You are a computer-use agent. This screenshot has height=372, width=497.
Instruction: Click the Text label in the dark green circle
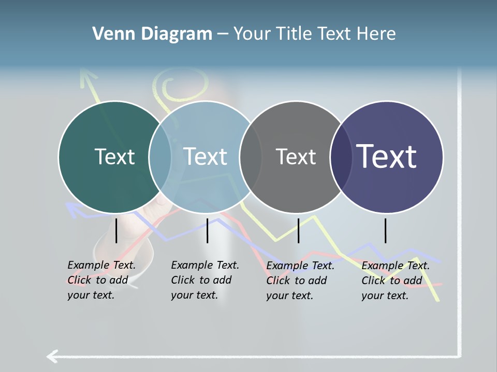(114, 157)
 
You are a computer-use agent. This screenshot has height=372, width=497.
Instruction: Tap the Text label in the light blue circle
(205, 157)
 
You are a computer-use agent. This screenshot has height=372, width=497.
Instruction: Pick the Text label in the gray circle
(296, 157)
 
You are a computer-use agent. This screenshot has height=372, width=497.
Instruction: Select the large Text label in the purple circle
(387, 156)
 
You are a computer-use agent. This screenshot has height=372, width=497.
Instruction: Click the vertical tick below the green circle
(116, 230)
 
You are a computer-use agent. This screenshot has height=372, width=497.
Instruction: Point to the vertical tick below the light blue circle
(207, 230)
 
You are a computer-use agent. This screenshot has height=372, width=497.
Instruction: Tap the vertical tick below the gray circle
(298, 230)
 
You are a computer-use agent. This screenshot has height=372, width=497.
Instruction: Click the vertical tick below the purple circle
(386, 230)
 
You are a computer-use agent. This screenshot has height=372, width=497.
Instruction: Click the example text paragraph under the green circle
(101, 280)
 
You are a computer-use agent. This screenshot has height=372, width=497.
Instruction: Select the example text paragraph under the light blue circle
(205, 280)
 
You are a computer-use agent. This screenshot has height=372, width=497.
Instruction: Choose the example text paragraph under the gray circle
(300, 281)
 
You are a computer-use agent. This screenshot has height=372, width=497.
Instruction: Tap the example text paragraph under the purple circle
(396, 281)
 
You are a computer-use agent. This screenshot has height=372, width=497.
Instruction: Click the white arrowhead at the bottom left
(52, 356)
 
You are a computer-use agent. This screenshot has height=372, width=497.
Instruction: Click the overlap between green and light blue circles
(160, 157)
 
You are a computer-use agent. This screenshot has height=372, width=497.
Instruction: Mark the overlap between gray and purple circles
(342, 157)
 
